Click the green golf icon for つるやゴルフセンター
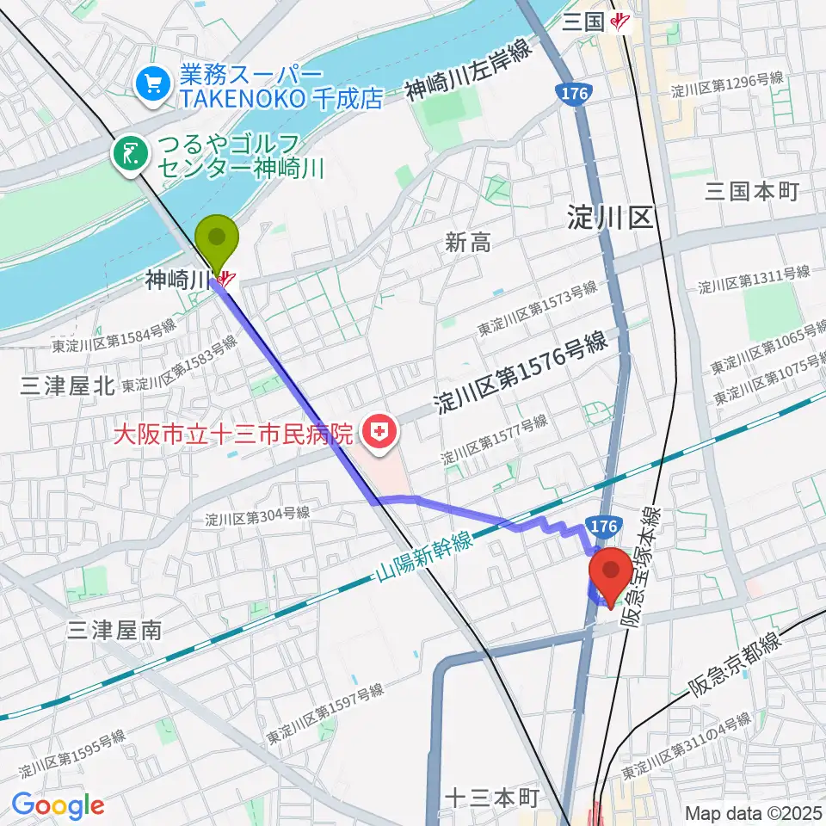coord(131,155)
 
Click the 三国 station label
coord(583,22)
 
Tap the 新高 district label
coord(467,243)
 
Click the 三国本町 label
coord(752,191)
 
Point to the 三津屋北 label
coord(68,386)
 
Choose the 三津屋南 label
coord(114,631)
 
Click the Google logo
coord(58,805)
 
